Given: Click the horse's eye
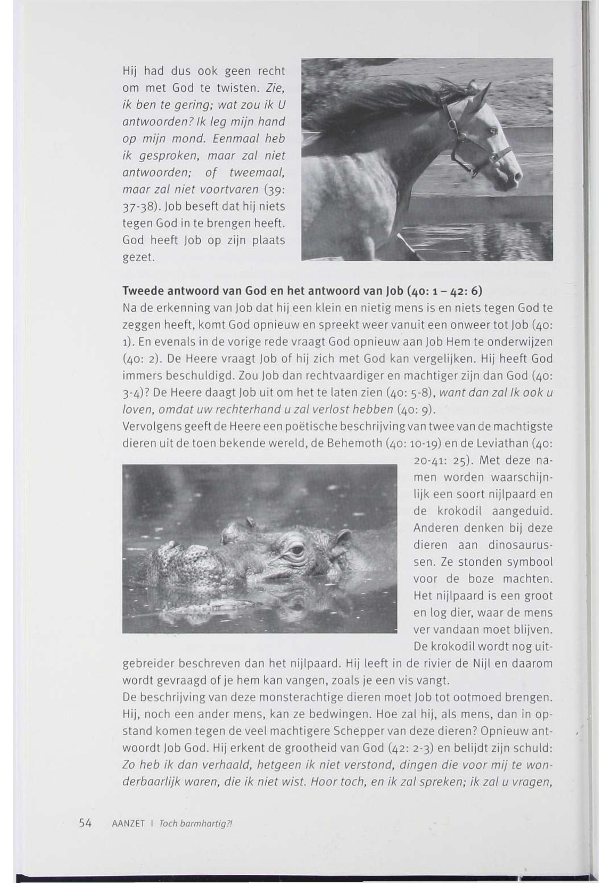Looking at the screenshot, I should click(x=494, y=131).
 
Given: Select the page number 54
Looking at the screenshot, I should click(x=85, y=823).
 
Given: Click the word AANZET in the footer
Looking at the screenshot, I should click(x=128, y=824).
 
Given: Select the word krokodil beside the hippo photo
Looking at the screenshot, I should click(x=459, y=511).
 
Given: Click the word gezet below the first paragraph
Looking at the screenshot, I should click(x=138, y=258).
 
